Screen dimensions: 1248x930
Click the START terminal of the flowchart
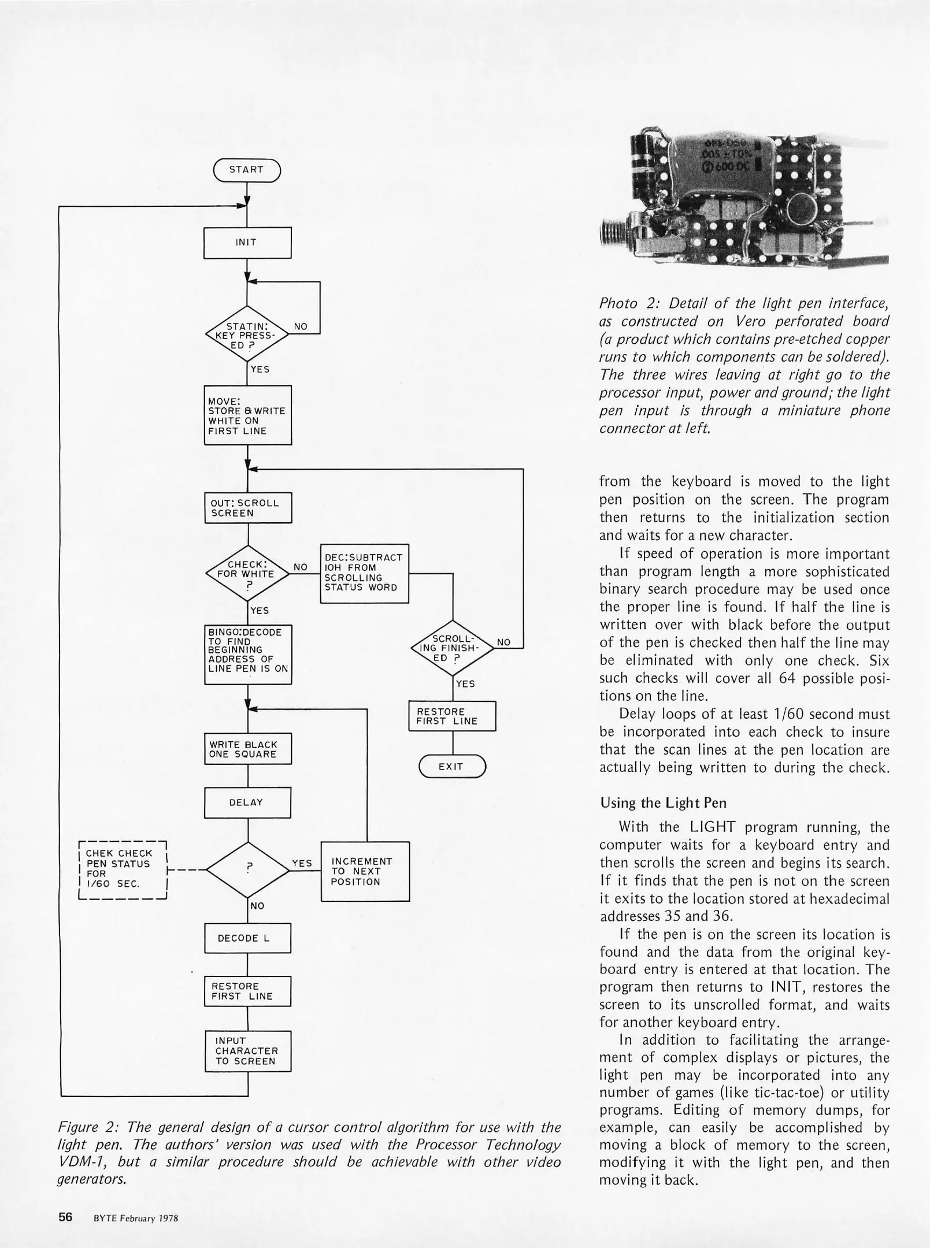(x=246, y=170)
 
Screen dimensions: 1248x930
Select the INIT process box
(x=247, y=243)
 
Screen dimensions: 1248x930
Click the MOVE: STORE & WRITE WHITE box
(x=247, y=415)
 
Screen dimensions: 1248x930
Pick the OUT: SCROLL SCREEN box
(x=248, y=508)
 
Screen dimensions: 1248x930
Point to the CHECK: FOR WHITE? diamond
(x=248, y=574)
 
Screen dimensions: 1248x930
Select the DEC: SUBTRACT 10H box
(x=364, y=573)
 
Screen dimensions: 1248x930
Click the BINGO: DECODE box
(x=248, y=655)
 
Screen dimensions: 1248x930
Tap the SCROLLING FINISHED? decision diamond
(x=452, y=648)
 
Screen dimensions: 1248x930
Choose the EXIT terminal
(x=451, y=767)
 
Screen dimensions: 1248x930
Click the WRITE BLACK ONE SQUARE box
(x=247, y=749)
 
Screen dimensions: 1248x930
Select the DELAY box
(x=247, y=803)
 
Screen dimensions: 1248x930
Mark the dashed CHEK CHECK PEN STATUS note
(x=122, y=870)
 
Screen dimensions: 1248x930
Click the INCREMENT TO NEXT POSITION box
(x=365, y=871)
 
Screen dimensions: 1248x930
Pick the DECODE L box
(x=247, y=938)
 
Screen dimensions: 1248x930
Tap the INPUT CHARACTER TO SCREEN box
(x=247, y=1051)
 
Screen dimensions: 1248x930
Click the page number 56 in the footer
(x=65, y=1216)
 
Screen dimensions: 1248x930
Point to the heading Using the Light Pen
(x=663, y=803)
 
